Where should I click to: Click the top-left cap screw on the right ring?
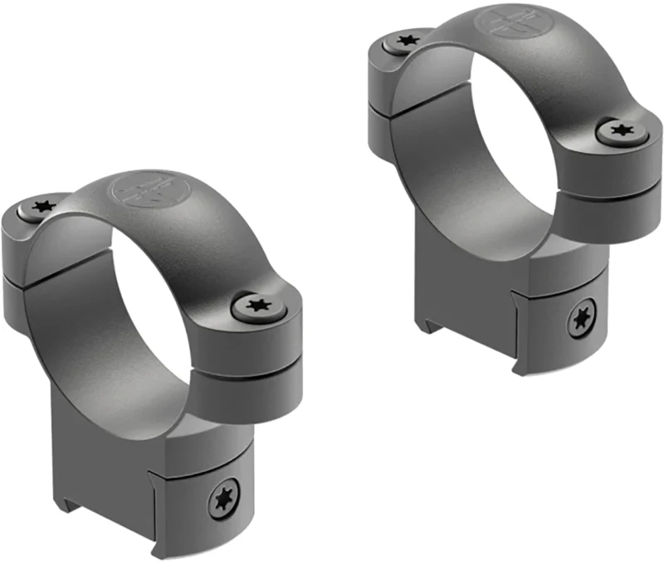(405, 41)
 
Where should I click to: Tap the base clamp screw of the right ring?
(582, 321)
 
